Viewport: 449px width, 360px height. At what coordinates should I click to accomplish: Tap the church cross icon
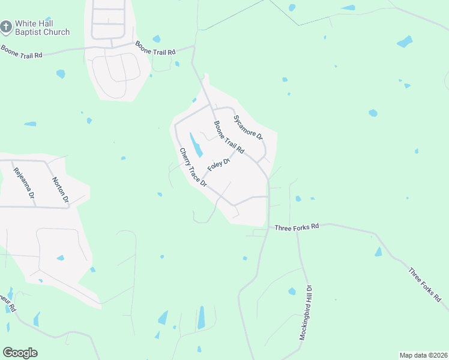[x=6, y=27]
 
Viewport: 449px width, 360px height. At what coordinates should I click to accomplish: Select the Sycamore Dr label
[x=248, y=127]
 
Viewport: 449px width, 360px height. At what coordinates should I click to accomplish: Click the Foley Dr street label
[x=219, y=165]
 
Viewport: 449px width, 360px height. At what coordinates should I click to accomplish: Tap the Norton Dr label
[x=61, y=190]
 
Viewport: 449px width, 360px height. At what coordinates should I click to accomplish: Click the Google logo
[x=20, y=353]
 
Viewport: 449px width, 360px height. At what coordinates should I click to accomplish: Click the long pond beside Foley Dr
[x=196, y=145]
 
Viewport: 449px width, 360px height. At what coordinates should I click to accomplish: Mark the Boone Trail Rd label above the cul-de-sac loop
[x=155, y=48]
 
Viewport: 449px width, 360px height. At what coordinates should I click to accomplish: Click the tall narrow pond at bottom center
[x=201, y=317]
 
